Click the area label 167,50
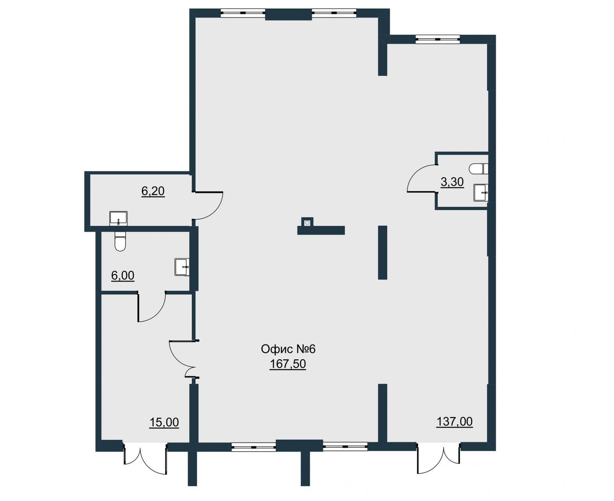coord(288,364)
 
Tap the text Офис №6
coord(288,349)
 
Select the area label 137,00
coord(455,422)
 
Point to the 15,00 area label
coord(164,423)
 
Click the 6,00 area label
coord(123,275)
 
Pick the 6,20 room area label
coord(153,191)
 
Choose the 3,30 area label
coord(452,182)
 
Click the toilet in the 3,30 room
coord(479,168)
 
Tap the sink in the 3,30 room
coord(481,193)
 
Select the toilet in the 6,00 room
coord(120,241)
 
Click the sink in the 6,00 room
coord(182,267)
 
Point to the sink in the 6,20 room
coord(118,219)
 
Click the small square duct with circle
coord(307,222)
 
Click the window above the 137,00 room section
coord(438,39)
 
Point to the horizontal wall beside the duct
coord(321,230)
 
